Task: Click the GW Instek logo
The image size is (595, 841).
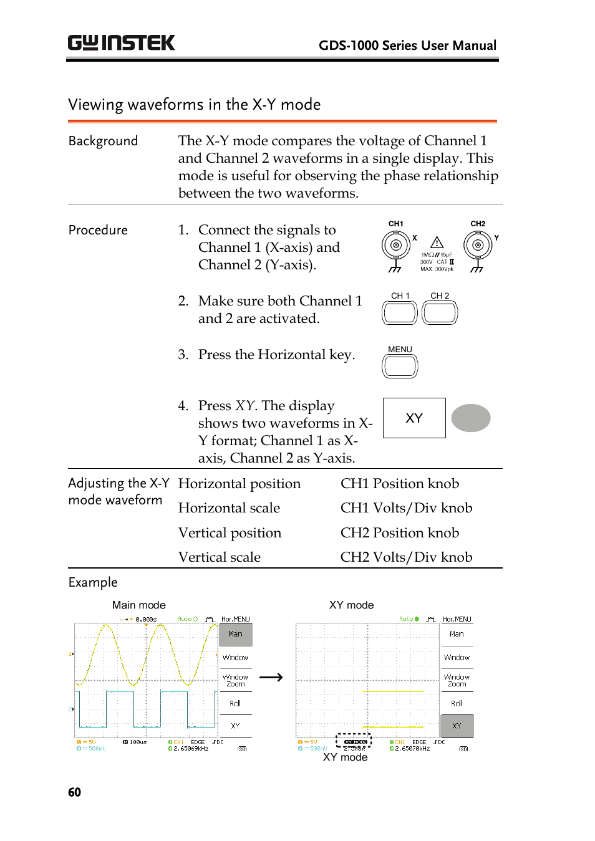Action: tap(121, 42)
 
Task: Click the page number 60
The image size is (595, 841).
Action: tap(74, 792)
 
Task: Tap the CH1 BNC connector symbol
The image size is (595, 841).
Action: tap(395, 245)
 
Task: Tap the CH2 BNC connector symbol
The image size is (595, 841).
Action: tap(478, 245)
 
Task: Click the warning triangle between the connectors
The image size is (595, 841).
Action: tap(437, 243)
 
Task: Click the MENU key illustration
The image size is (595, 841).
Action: tap(400, 366)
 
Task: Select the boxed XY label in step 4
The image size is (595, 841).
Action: tap(414, 418)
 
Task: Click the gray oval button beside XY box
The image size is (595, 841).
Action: tap(471, 418)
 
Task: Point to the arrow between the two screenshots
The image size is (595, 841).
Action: tap(271, 677)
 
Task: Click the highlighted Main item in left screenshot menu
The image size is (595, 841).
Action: tap(235, 634)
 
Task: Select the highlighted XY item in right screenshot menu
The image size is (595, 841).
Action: tap(457, 726)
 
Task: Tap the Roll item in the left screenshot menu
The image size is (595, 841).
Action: tap(235, 703)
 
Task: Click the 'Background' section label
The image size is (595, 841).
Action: tap(103, 141)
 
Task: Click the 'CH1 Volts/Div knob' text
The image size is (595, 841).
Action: tap(406, 508)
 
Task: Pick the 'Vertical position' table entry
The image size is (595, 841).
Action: tap(230, 533)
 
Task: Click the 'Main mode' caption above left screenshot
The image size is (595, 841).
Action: tap(138, 605)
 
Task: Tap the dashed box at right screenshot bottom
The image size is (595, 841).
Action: tap(354, 741)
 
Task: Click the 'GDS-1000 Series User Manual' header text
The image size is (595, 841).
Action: tap(407, 46)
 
